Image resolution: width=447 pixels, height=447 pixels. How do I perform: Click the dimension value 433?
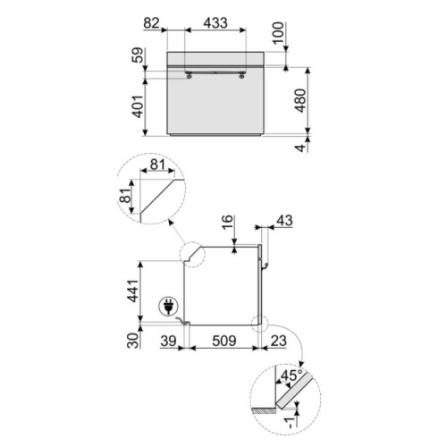click(215, 22)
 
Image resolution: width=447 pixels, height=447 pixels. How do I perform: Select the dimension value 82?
click(152, 23)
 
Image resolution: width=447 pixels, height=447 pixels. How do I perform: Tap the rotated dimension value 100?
click(279, 33)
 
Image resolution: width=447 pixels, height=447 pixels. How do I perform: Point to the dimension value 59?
click(138, 55)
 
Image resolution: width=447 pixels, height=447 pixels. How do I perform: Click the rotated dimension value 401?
click(138, 106)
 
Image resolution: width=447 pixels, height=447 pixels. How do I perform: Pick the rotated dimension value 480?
click(300, 100)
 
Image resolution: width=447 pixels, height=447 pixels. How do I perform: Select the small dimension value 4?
click(301, 148)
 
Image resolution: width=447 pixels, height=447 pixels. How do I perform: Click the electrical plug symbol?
click(169, 307)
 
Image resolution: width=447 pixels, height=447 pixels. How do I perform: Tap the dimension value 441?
click(133, 291)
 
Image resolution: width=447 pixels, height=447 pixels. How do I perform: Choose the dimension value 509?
click(224, 341)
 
